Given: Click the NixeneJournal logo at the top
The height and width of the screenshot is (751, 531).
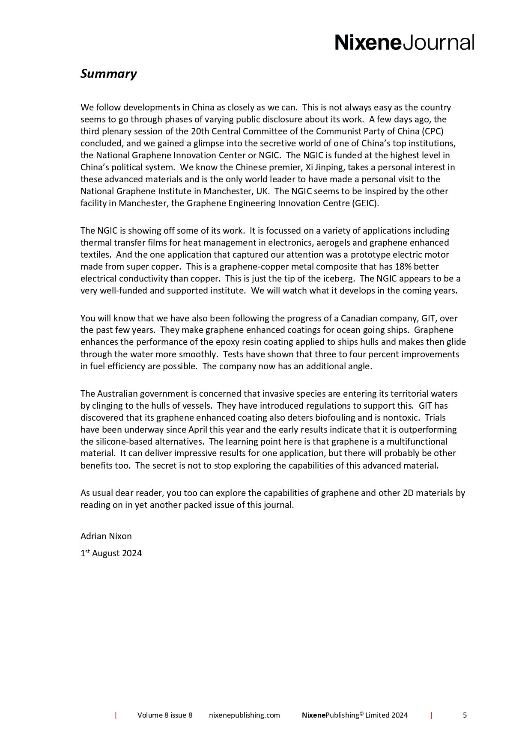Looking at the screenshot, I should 404,43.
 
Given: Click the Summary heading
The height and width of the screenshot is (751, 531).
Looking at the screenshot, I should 108,74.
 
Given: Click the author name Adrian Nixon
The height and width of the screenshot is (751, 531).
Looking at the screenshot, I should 106,536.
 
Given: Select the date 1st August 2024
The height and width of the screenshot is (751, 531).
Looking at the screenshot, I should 111,553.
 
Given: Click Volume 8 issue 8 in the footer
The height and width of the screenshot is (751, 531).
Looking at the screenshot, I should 165,715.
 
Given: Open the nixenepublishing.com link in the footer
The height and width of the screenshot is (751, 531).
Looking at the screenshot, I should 245,715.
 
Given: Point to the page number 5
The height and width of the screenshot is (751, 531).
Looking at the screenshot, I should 465,715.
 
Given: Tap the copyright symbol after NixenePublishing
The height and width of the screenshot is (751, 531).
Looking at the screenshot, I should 361,713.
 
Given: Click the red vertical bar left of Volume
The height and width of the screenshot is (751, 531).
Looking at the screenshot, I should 116,715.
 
